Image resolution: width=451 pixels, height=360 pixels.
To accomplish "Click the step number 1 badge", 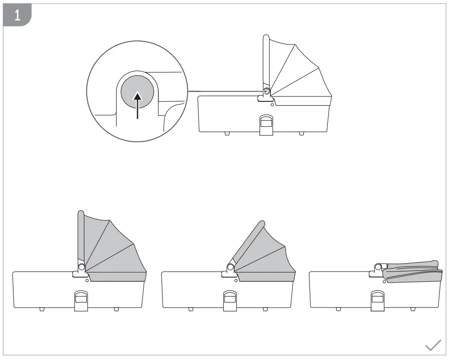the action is pos(17,15).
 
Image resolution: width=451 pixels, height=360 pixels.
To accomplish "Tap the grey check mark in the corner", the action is pos(433,345).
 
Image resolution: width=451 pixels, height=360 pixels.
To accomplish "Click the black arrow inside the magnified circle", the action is pos(138,105).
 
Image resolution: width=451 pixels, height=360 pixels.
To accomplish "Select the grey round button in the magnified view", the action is pos(137,92).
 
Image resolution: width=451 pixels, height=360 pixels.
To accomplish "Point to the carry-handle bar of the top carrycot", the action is pos(266,62).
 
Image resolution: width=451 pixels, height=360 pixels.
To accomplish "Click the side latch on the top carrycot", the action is pos(266,125).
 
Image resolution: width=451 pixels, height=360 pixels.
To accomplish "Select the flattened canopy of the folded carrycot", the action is pos(413,272).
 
